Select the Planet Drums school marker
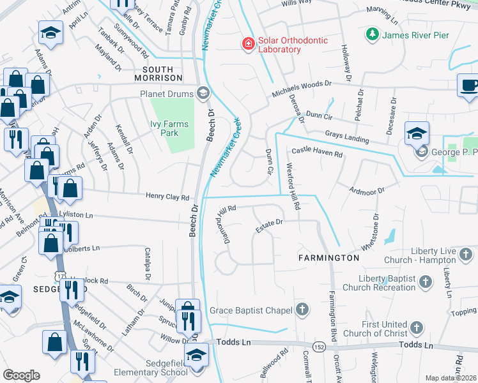click(x=203, y=94)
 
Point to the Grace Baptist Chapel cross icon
click(x=302, y=310)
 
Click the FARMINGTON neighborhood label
click(x=328, y=257)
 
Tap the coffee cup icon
click(x=468, y=85)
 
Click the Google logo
click(x=21, y=375)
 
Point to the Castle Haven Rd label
click(x=317, y=153)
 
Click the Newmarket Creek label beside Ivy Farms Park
click(x=226, y=147)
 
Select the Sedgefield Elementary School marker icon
click(x=197, y=356)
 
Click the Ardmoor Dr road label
click(x=367, y=190)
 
